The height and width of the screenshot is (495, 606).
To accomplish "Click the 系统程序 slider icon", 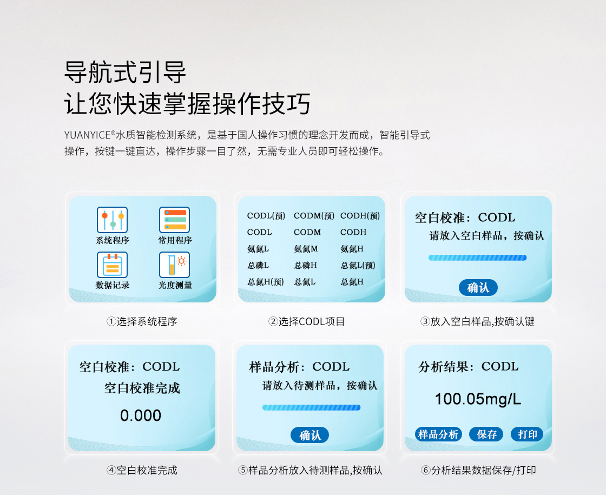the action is coord(112,220).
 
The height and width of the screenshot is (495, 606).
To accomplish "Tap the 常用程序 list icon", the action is coord(174,220).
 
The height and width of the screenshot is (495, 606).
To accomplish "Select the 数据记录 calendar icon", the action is coord(112,265).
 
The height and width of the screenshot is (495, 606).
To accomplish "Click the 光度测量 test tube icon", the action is coord(174,265).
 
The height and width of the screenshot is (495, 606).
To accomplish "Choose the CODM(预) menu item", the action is coord(314,216).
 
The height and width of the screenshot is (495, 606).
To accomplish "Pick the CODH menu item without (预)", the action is coord(353,232).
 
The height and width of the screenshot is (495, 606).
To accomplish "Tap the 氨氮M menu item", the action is coord(306,249).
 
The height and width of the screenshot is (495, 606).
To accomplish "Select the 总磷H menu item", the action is coord(305,266).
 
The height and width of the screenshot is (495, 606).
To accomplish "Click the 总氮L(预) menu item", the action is coord(358,266).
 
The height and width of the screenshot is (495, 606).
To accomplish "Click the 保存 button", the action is coord(486,434).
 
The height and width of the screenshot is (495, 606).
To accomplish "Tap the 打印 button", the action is coord(527,434).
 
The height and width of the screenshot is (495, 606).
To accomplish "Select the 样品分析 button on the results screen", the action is coord(438,434).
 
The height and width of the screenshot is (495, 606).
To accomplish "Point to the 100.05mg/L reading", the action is coord(478,399).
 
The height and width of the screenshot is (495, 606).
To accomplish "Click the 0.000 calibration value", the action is coord(140,415).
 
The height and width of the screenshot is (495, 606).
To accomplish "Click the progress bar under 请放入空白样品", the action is coord(477,258).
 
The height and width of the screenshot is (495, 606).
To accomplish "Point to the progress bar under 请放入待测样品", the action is coord(311,407).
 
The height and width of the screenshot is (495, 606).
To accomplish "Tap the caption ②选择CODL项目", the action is coord(306,321).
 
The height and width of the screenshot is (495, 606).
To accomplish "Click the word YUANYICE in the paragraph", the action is coord(87,135).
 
